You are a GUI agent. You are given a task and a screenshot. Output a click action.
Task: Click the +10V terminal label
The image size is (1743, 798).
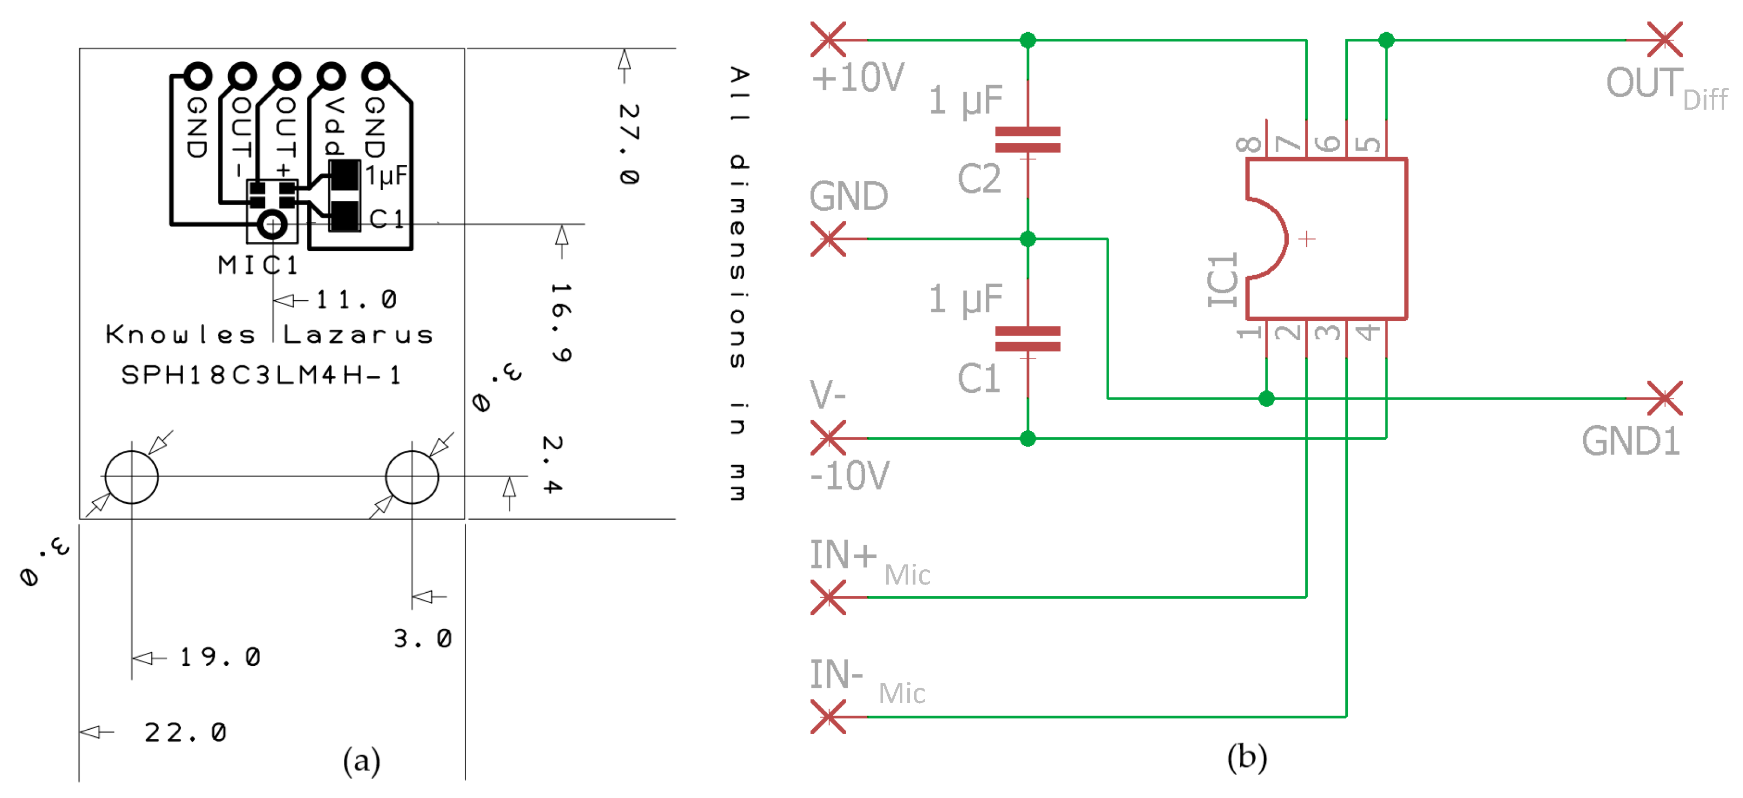point(857,79)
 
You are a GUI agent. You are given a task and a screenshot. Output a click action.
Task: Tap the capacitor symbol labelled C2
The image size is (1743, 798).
point(1027,139)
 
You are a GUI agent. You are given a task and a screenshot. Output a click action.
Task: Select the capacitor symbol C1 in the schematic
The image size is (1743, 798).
point(1027,338)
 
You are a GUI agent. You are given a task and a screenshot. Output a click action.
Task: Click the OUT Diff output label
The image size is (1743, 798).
point(1664,87)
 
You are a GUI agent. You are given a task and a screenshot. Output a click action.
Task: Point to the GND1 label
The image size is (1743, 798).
point(1630,442)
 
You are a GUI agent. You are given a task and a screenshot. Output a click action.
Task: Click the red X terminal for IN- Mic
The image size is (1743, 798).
point(828,717)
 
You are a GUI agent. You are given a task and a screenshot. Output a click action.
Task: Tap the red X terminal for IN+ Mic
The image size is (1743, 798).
point(828,598)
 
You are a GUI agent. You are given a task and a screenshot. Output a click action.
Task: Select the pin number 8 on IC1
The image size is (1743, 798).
point(1248,144)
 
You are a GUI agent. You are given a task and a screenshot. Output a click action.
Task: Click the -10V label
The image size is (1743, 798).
point(850,476)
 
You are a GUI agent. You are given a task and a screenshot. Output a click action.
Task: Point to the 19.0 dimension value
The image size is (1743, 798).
point(219,657)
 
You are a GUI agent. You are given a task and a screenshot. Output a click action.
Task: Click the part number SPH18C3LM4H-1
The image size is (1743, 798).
point(261,375)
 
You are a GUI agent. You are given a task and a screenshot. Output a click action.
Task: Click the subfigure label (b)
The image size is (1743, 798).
point(1246,758)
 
